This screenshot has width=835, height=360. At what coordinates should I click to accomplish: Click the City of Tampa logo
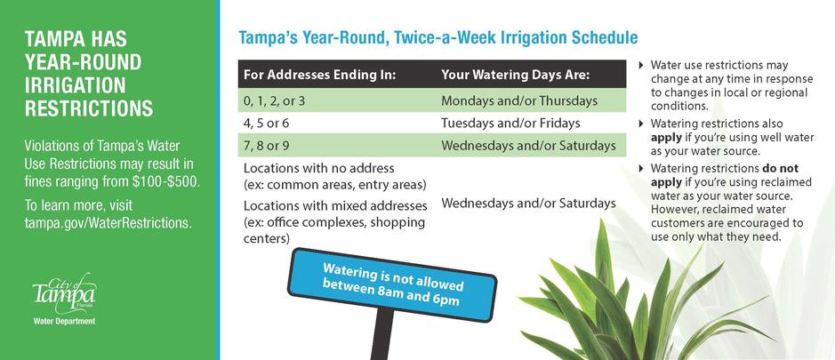pos(64,294)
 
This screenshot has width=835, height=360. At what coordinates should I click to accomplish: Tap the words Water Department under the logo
pos(64,321)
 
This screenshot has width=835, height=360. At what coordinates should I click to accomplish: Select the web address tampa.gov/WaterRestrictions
pos(108,222)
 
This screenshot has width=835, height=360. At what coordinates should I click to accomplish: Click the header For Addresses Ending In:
pos(319,75)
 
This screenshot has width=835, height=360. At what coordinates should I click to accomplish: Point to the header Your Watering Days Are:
pos(516,75)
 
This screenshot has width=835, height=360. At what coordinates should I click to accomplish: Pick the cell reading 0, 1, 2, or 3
pos(274,100)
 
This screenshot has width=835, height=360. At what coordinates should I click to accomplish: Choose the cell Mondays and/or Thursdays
pos(519,100)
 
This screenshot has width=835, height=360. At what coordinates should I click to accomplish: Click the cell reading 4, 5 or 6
pos(266,123)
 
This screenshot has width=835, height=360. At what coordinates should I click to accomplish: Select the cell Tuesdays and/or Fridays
pos(510,123)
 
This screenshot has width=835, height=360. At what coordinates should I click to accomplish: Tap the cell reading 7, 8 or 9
pos(266,146)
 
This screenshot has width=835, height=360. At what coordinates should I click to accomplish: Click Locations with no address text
pos(319,168)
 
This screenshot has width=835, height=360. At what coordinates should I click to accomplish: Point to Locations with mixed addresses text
pos(335,205)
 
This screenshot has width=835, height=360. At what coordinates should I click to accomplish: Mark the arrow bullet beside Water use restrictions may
pos(640,65)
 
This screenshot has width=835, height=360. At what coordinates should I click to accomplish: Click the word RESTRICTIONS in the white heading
pos(89,108)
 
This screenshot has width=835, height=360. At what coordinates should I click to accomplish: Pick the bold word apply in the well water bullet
pos(666,138)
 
